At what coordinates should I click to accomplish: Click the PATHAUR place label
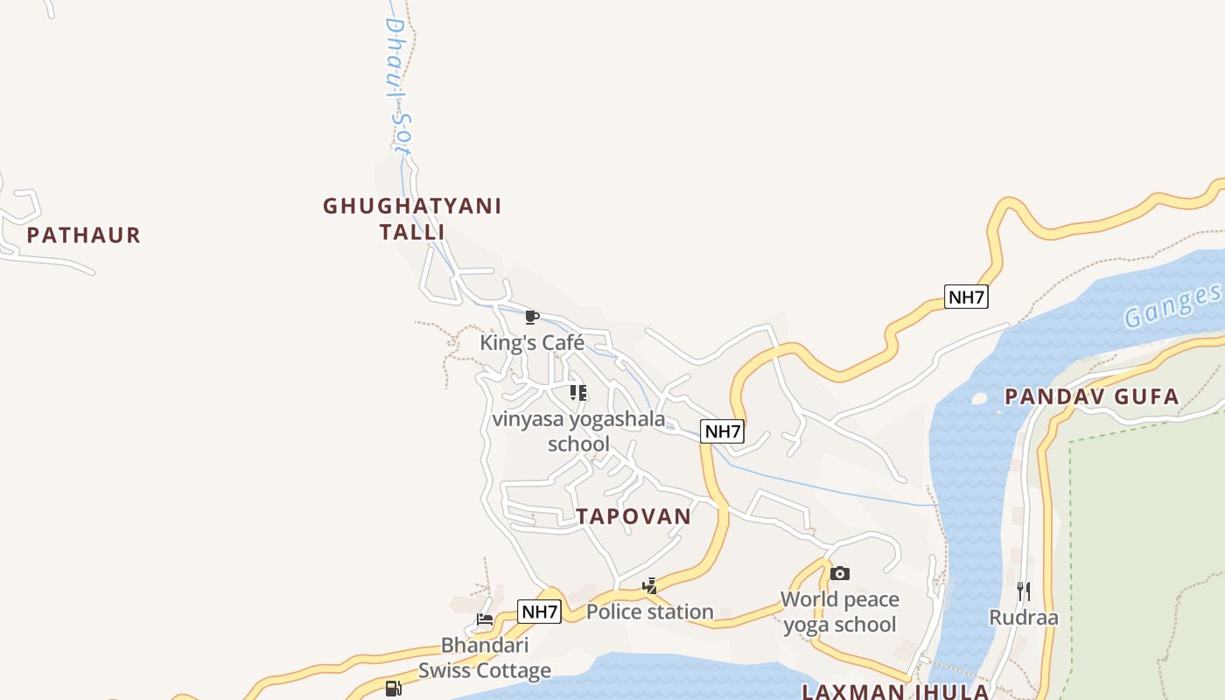[x=83, y=235]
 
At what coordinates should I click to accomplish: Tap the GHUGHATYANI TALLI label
[x=412, y=219]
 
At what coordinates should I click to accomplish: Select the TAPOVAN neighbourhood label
[x=633, y=516]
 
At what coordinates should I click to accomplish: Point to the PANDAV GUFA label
[x=1092, y=397]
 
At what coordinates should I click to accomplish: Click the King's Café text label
[x=532, y=342]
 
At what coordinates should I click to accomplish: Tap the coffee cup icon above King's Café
[x=531, y=317]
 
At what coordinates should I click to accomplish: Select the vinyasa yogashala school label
[x=578, y=431]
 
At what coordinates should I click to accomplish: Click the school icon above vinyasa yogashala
[x=578, y=393]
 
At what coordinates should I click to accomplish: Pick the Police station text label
[x=649, y=612]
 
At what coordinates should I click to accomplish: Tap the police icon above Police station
[x=649, y=586]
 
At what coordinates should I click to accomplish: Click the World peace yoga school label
[x=840, y=612]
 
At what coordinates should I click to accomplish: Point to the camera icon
[x=840, y=574]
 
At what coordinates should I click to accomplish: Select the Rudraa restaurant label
[x=1024, y=618]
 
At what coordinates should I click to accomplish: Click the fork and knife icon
[x=1024, y=591]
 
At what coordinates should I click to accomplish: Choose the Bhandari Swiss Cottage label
[x=485, y=658]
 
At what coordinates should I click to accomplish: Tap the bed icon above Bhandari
[x=485, y=620]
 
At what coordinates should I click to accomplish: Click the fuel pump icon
[x=393, y=689]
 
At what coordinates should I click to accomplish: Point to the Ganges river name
[x=1172, y=306]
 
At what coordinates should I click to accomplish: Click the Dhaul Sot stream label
[x=398, y=87]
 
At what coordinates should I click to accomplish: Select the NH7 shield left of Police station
[x=539, y=612]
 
